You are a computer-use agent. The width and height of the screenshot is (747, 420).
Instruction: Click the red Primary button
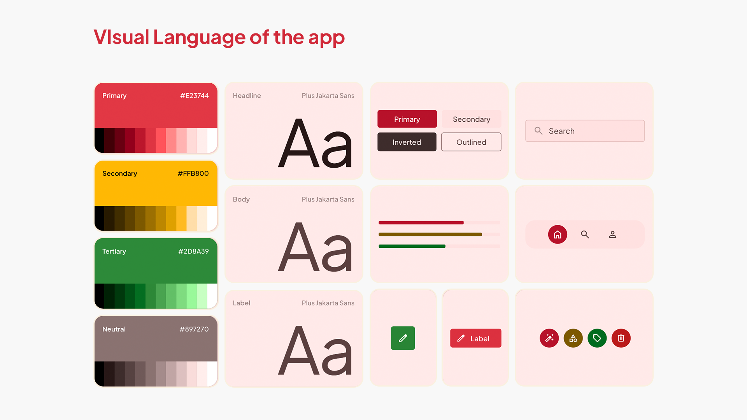407,119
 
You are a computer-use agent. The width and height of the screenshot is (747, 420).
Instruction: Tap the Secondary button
471,119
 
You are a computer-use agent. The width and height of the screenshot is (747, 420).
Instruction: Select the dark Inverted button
407,142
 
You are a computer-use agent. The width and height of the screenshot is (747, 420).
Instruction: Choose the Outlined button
471,142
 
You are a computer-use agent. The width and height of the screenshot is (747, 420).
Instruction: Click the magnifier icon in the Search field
538,131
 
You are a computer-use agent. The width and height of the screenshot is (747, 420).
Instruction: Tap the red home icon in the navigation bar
558,234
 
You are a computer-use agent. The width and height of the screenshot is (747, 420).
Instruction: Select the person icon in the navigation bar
612,234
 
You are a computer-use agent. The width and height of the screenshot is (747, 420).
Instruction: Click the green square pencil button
403,338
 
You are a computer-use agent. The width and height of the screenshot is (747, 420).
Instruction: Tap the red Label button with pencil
475,338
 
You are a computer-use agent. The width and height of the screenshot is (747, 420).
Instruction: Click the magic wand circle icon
549,338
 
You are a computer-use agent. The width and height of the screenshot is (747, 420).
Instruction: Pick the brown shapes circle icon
573,338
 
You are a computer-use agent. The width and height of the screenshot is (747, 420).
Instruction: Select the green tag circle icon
597,338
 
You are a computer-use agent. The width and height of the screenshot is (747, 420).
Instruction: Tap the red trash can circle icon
621,338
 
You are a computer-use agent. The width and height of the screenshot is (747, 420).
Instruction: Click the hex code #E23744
195,96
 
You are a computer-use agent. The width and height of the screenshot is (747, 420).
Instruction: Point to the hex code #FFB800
193,173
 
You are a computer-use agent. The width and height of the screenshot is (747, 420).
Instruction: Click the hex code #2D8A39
193,251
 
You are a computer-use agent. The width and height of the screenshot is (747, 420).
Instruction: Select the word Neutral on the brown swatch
114,329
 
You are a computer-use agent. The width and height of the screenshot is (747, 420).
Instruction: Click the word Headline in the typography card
247,96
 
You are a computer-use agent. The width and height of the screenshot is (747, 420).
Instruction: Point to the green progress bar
412,246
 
